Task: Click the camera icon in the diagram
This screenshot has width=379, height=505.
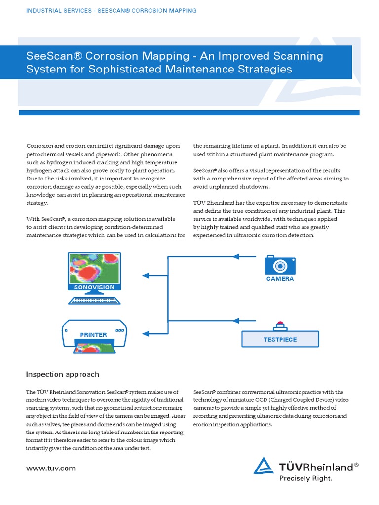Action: click(280, 265)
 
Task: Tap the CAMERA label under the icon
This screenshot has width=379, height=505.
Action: click(280, 279)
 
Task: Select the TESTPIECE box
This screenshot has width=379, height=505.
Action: click(280, 339)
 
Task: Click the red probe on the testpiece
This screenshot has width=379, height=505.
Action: click(280, 324)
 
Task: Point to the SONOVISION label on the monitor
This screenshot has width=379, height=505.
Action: click(94, 287)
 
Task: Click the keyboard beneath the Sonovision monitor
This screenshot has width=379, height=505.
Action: click(94, 300)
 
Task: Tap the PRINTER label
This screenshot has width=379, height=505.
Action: click(93, 335)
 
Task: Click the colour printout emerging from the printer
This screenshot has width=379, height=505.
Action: click(94, 348)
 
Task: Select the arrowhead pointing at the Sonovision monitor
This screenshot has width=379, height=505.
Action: click(146, 275)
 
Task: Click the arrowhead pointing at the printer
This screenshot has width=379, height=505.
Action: click(146, 333)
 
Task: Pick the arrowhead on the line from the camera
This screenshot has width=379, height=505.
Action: click(235, 256)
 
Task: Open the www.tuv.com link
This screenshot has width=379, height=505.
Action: click(51, 468)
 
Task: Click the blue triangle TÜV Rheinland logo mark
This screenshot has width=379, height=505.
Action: click(264, 467)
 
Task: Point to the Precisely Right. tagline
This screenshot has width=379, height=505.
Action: click(305, 478)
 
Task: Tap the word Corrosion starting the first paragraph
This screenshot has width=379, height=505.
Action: click(39, 146)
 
